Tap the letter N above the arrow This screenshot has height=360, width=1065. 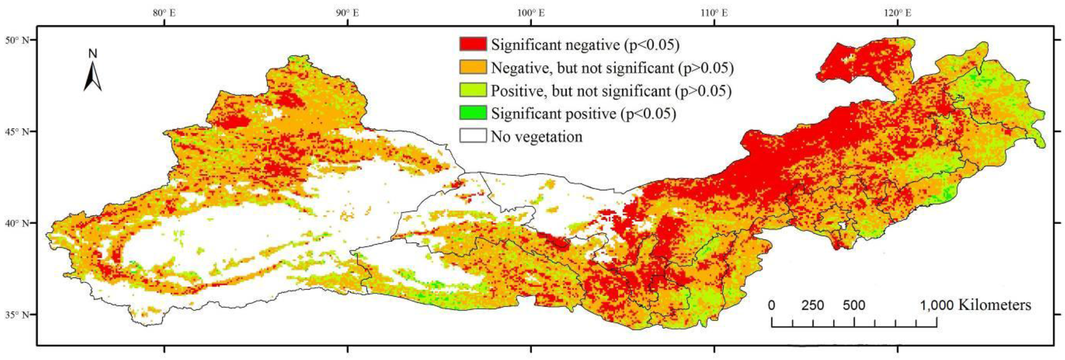tap(93, 54)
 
